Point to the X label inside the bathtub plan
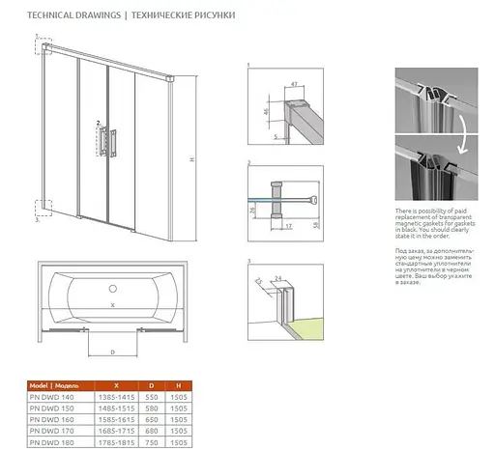[x=113, y=305]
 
